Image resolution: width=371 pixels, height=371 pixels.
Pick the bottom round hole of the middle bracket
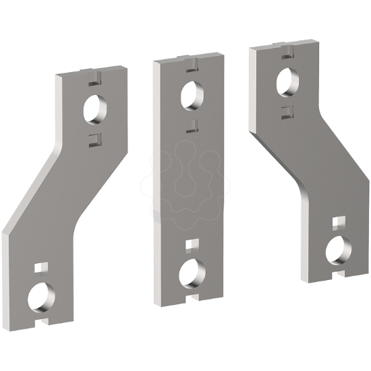pos(192,271)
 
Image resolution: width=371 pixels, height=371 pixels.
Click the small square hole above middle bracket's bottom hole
pos(191,244)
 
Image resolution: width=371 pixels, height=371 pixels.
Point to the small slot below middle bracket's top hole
pos(192,123)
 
